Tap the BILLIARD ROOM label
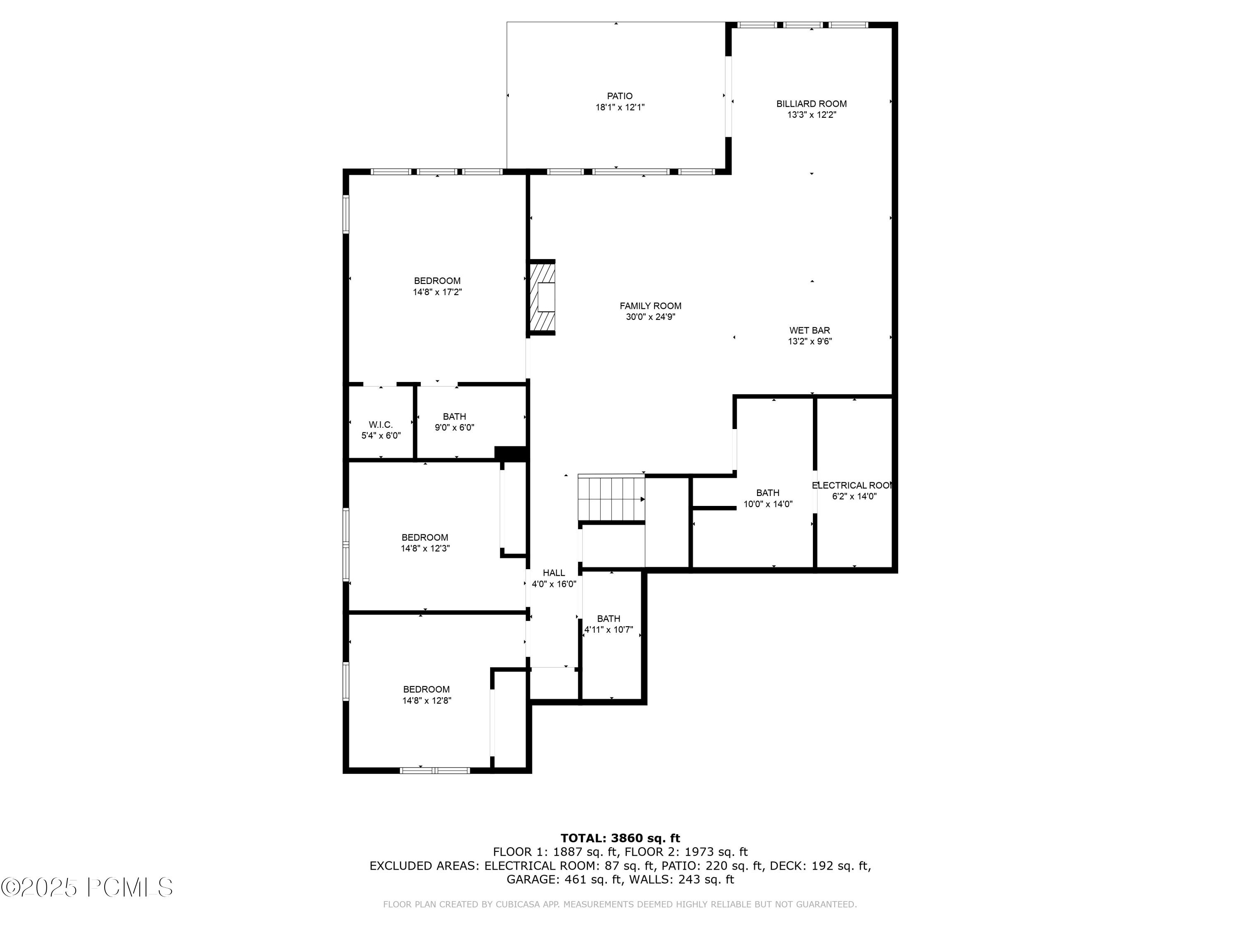(811, 104)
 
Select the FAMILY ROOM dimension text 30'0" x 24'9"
(650, 317)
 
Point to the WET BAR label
(809, 330)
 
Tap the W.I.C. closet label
(381, 425)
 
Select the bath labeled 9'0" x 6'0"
(455, 422)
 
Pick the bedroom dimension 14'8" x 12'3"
(425, 548)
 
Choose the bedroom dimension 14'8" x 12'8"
(426, 701)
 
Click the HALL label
(554, 573)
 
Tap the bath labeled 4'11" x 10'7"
(609, 624)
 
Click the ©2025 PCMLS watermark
(87, 887)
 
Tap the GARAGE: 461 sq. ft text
(564, 880)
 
